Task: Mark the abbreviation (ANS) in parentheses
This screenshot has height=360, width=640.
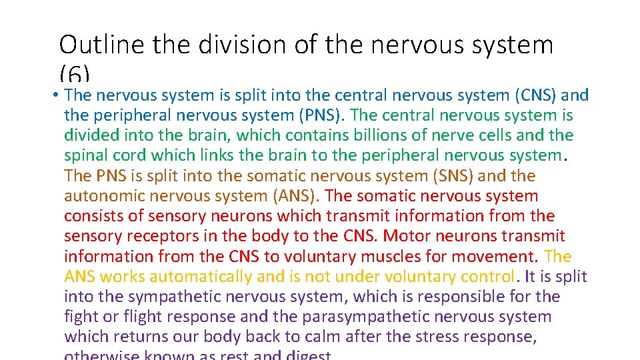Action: [x=294, y=196]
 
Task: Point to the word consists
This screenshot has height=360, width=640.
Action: [x=92, y=216]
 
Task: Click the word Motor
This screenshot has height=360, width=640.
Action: [x=406, y=236]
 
